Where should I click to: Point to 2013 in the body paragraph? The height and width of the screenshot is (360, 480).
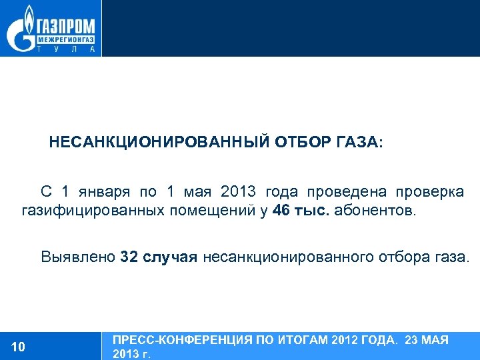(x=237, y=193)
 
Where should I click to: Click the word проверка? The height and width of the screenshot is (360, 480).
(x=429, y=193)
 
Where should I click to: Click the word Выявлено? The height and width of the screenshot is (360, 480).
(x=78, y=257)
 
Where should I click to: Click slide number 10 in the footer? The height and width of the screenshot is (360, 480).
(x=19, y=346)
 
